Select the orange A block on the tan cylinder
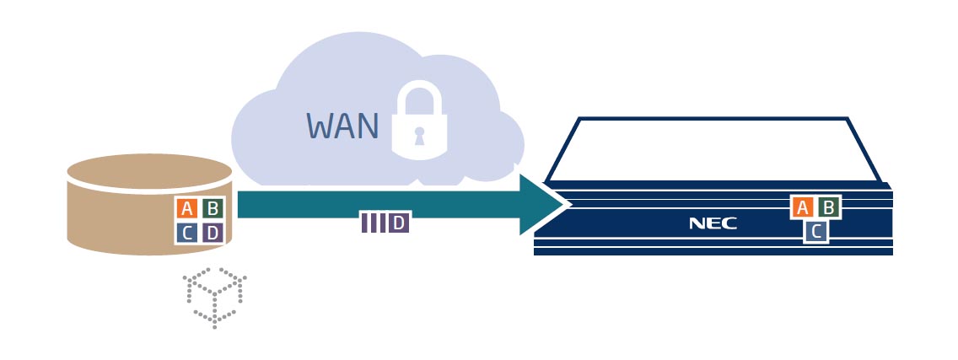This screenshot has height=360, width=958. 187,209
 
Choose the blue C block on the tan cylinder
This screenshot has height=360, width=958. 187,232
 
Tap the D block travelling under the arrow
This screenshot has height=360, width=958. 399,223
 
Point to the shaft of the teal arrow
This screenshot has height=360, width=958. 379,204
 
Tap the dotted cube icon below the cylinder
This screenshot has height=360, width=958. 215,297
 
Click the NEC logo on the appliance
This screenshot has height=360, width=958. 713,223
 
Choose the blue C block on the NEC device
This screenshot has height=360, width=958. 815,231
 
